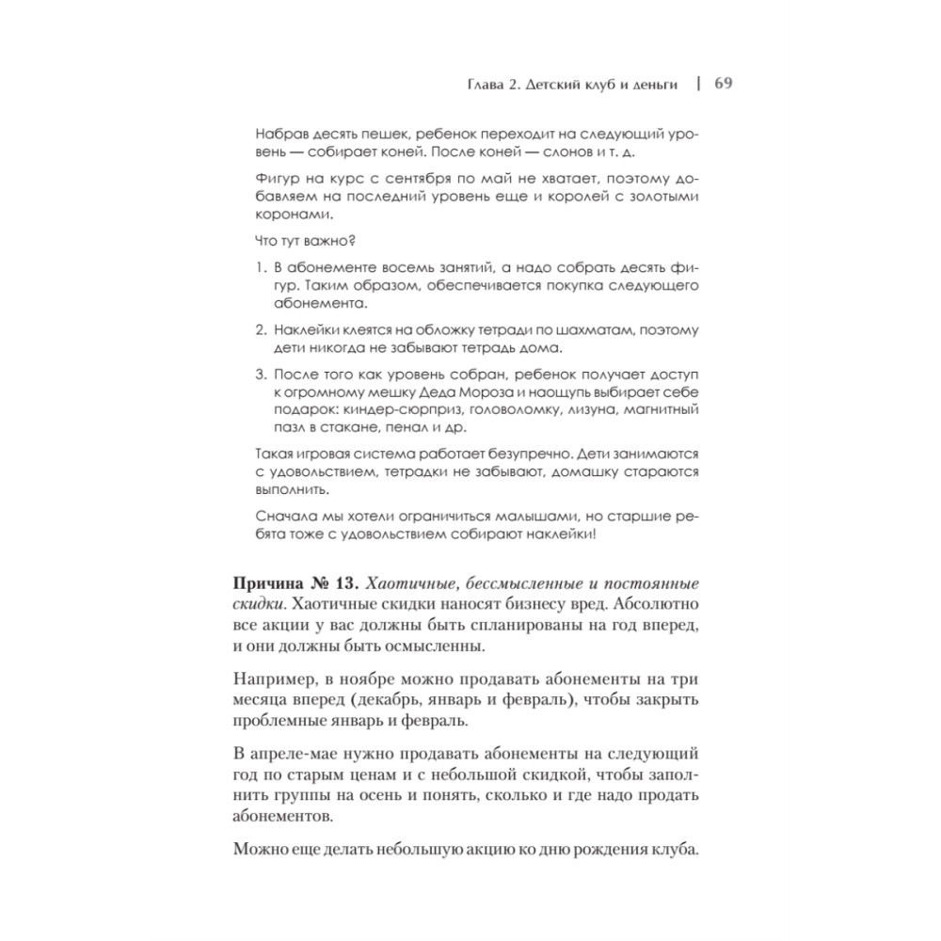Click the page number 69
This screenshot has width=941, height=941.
pyautogui.click(x=724, y=82)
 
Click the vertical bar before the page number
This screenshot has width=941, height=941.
pyautogui.click(x=698, y=82)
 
